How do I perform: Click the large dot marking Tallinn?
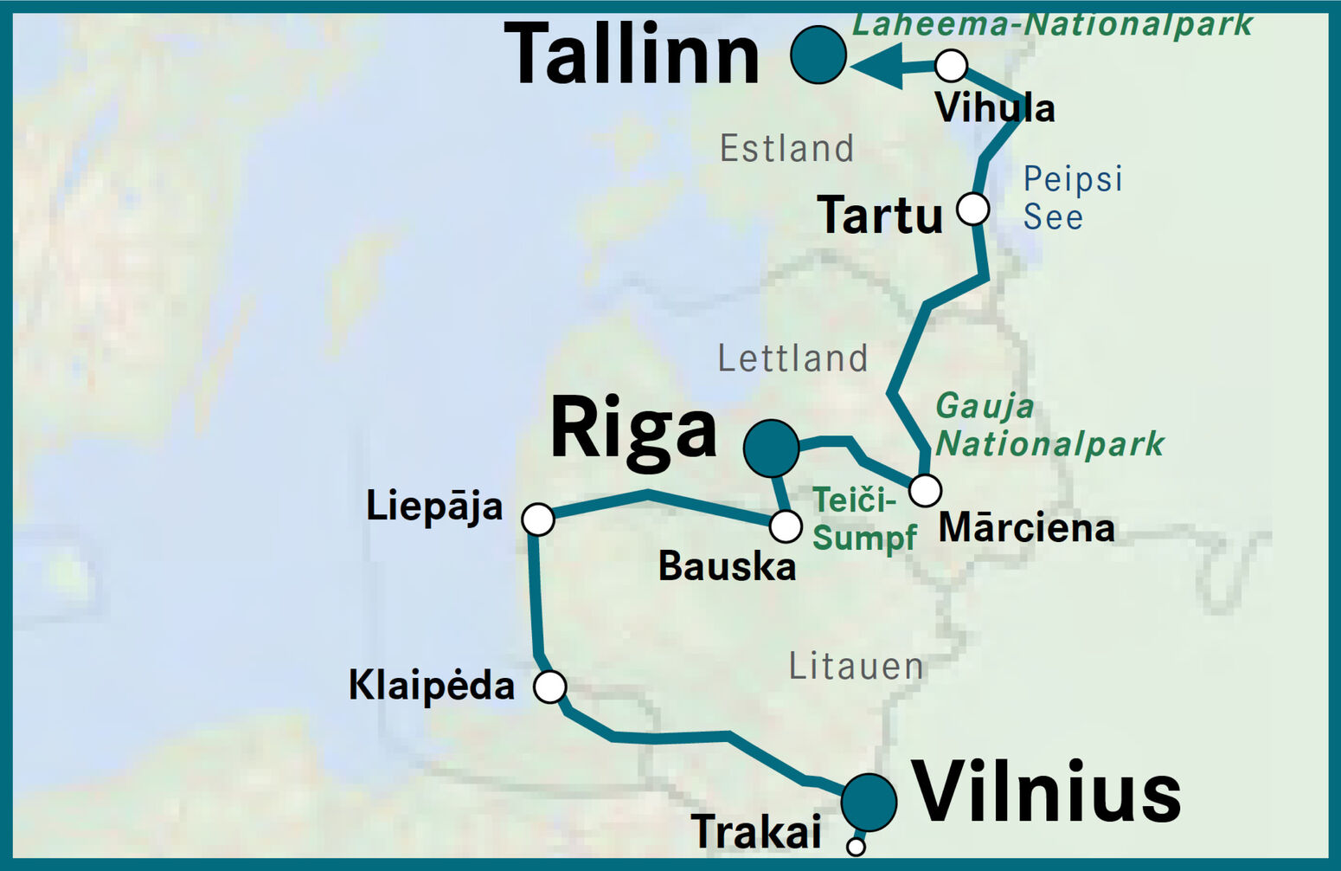[818, 55]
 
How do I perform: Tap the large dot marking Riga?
[771, 448]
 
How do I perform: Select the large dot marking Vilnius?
[869, 802]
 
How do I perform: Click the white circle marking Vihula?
[951, 65]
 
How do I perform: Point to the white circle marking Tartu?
[972, 209]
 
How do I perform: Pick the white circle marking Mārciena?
[925, 490]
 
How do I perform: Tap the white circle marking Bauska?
[786, 526]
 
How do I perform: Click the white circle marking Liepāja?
[538, 519]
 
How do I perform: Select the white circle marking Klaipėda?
[550, 687]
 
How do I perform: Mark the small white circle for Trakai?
[856, 846]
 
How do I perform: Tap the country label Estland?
[786, 149]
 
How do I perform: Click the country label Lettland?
[792, 358]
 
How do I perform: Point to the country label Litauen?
[856, 667]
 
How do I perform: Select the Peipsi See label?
[1072, 198]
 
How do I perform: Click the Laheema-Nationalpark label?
[1052, 24]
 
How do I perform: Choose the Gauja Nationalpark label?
[1049, 425]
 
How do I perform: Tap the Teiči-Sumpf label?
[863, 519]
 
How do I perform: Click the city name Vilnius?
[1047, 792]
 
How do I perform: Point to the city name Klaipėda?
[431, 686]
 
